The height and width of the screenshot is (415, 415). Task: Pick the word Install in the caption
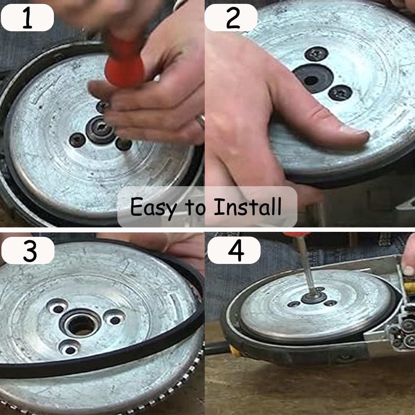pos(248,206)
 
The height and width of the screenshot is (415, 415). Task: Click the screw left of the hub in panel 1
pos(77,138)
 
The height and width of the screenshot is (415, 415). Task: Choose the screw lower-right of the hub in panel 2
pos(340,93)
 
